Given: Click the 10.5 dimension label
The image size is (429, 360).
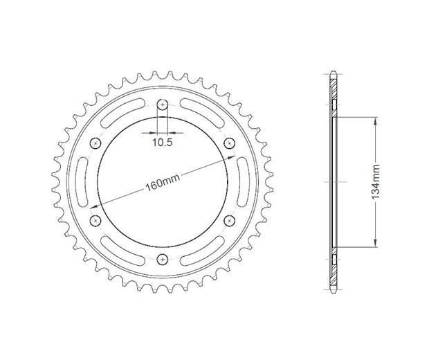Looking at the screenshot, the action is point(163,142).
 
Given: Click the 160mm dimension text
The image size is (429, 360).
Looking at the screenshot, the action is point(163,183).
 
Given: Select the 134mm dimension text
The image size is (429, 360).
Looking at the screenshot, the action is point(376,182).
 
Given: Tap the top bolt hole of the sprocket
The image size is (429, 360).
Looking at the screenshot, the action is point(163,105).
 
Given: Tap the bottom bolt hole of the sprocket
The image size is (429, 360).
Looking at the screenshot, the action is point(163,259).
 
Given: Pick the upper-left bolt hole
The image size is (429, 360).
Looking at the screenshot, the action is point(95,143).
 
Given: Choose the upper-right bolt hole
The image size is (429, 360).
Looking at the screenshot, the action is point(230,143).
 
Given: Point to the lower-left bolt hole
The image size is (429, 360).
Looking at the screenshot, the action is point(95,220).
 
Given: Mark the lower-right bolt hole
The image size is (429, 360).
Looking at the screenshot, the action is point(230,219).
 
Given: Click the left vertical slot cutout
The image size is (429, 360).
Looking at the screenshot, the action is point(84,181).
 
